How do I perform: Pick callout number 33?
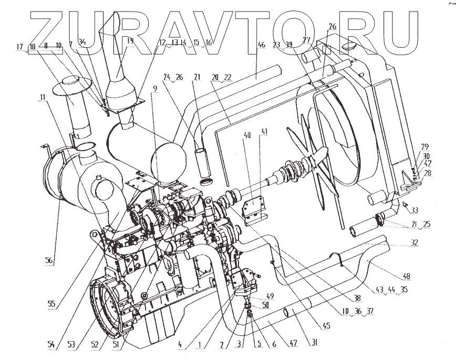click(415, 210)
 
